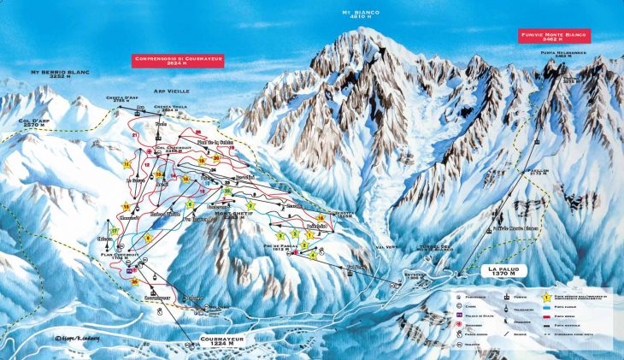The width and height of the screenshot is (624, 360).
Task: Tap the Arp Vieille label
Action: coord(173,90)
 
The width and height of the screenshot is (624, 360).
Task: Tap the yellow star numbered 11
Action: coord(127,162)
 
